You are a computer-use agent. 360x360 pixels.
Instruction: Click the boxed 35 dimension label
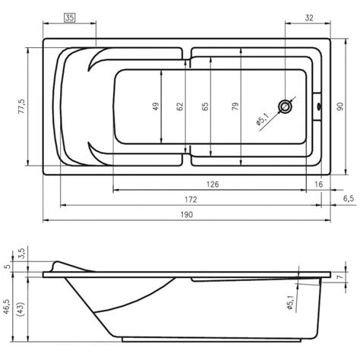click(70, 17)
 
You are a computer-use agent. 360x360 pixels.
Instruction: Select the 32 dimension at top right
click(309, 17)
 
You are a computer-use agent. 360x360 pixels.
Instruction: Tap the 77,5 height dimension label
click(22, 106)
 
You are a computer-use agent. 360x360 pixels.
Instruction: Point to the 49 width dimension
click(156, 106)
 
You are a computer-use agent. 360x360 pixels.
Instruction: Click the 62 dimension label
click(179, 106)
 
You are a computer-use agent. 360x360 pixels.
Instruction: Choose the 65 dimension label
click(205, 106)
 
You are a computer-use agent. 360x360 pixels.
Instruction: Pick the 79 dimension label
click(235, 106)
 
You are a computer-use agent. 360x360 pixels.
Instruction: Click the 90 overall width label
click(340, 106)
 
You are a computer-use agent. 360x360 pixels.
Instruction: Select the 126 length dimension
click(213, 185)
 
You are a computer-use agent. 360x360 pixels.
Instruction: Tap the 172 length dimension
click(191, 200)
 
